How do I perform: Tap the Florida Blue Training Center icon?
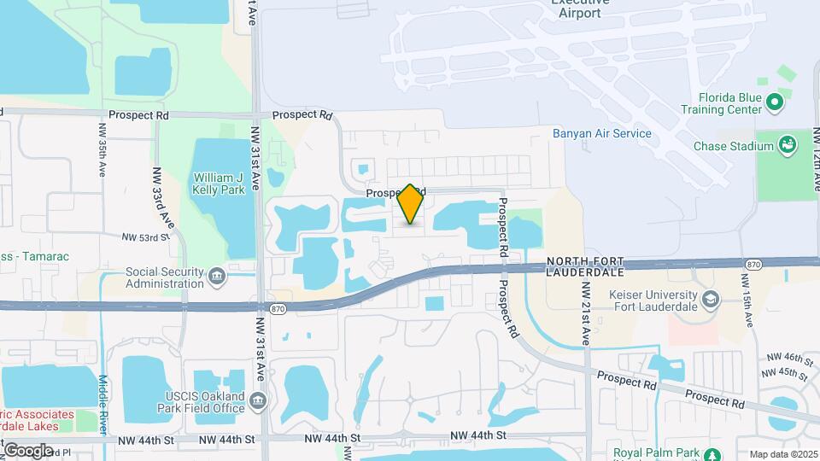775,104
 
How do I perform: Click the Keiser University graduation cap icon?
712,300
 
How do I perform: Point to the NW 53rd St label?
141,237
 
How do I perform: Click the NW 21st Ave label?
586,312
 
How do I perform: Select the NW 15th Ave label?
748,307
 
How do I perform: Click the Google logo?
28,450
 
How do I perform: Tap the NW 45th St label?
788,373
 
